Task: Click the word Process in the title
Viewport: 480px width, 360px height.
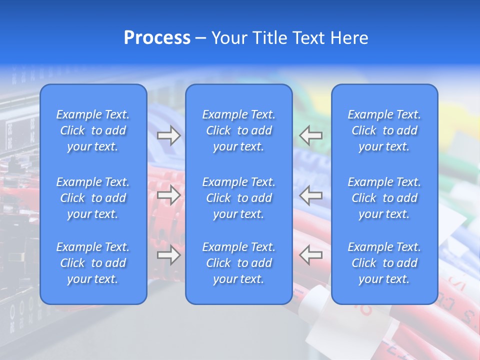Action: [157, 38]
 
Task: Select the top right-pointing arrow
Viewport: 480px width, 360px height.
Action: [169, 135]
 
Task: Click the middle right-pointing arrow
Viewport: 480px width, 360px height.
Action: [169, 195]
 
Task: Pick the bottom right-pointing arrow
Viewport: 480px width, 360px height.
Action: [169, 255]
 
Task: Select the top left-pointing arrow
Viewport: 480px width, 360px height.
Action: [311, 135]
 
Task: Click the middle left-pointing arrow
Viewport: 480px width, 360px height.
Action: [311, 195]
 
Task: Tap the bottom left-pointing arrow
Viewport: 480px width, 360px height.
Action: [311, 255]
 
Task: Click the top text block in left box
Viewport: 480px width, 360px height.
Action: [93, 130]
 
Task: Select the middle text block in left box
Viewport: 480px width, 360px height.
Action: [93, 198]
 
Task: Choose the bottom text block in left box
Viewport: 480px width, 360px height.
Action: [93, 263]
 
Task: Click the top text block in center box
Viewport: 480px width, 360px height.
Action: [239, 130]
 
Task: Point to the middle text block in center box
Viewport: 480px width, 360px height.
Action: [239, 198]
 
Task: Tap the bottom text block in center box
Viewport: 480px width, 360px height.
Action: [239, 263]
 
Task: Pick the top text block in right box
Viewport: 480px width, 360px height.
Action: [384, 130]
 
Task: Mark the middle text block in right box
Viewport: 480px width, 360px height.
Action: [384, 198]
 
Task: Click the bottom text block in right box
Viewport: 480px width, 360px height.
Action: [384, 263]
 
